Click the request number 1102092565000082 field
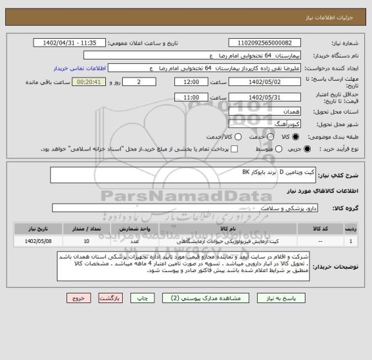[265, 43]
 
